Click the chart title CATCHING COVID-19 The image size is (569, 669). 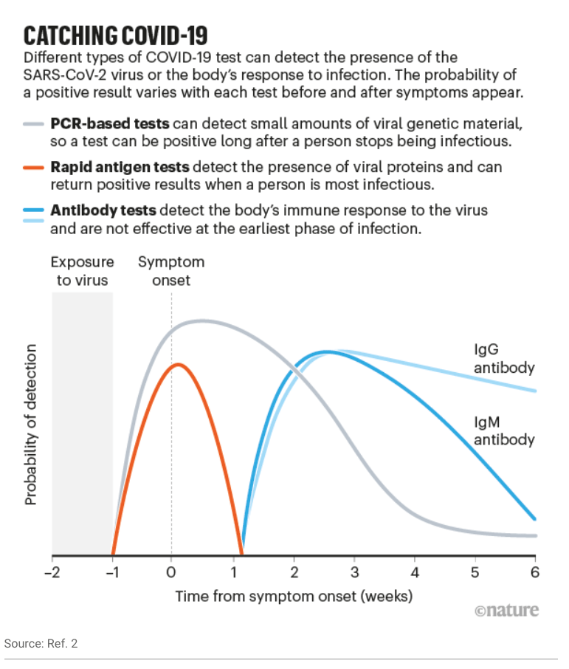[116, 35]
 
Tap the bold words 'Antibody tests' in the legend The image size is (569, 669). [100, 210]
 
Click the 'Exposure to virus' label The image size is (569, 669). [82, 271]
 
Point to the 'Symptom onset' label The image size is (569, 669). [171, 271]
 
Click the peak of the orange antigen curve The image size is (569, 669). [176, 364]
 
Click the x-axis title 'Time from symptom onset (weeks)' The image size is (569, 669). [294, 595]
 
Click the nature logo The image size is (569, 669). [506, 611]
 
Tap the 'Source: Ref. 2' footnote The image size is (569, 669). [41, 644]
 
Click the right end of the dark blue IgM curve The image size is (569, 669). [534, 518]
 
